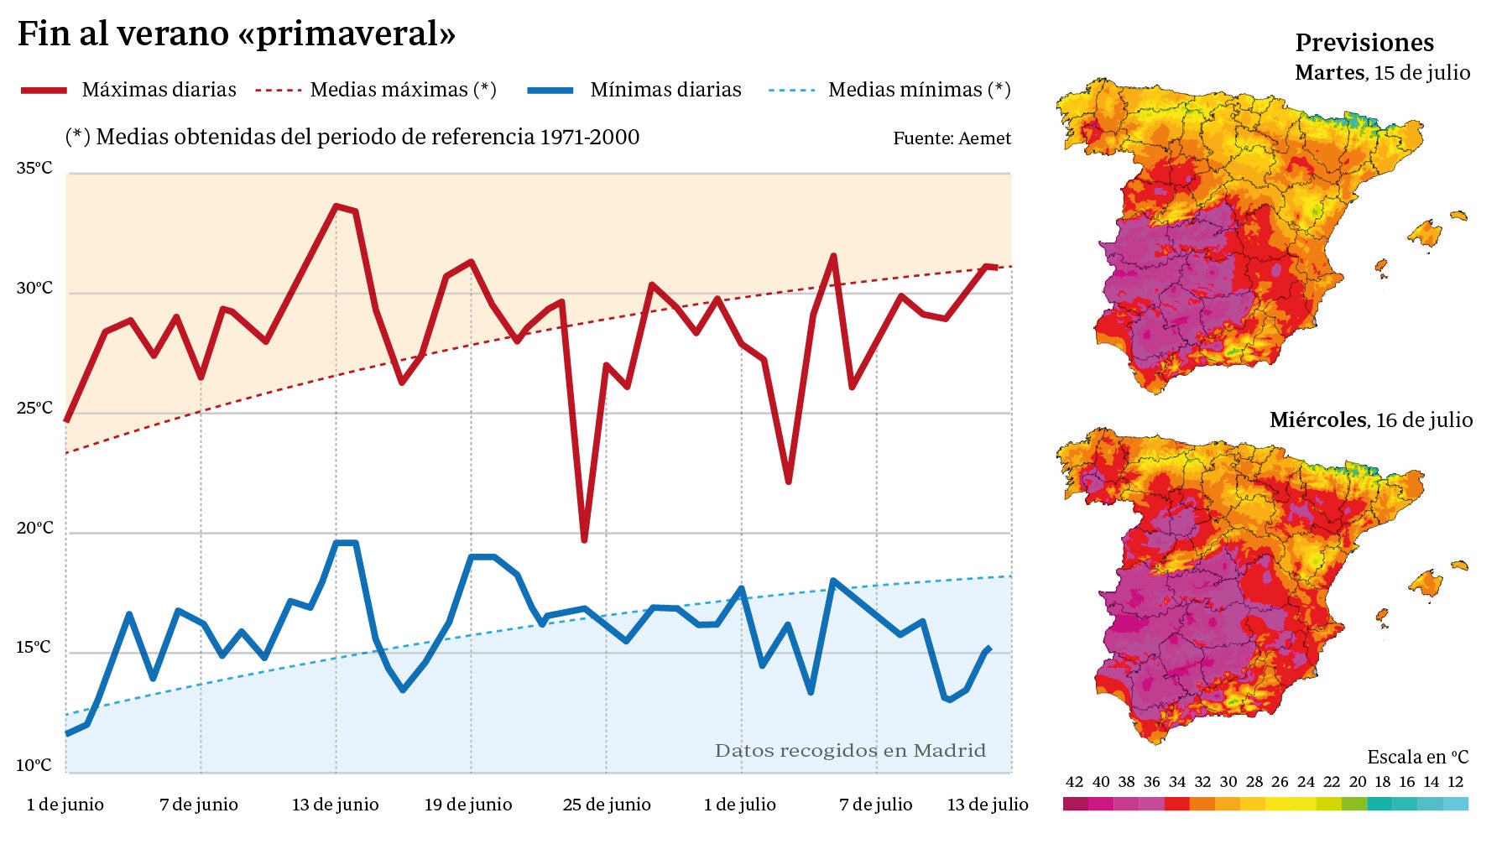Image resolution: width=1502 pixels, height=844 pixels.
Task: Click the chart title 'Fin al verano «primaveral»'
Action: (x=236, y=34)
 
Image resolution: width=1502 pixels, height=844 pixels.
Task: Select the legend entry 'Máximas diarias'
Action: (x=159, y=90)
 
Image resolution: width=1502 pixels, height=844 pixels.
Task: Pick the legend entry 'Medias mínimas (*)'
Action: (x=919, y=90)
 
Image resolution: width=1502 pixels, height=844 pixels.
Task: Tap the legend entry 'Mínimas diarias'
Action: (x=665, y=90)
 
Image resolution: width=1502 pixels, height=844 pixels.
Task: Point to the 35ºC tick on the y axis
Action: (x=34, y=169)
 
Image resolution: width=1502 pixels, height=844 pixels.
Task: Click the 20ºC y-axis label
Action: (x=34, y=529)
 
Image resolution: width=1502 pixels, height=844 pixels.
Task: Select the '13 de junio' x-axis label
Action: (x=335, y=805)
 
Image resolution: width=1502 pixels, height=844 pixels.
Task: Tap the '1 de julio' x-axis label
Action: (x=739, y=805)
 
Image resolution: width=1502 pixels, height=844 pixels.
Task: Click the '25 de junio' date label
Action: (x=607, y=805)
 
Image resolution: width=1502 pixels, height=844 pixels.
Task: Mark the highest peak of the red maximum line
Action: (x=336, y=206)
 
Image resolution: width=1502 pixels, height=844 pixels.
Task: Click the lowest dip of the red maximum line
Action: (x=584, y=540)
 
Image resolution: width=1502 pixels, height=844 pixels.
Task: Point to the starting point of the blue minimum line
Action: (x=67, y=734)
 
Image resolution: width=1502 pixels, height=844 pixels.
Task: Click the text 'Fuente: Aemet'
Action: (x=952, y=138)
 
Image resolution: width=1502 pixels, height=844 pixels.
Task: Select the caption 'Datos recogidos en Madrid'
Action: (x=850, y=751)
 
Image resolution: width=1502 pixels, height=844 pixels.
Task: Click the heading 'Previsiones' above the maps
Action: (x=1364, y=43)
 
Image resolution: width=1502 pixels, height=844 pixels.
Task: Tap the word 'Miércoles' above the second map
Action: (x=1317, y=420)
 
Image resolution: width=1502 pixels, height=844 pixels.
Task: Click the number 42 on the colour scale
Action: (x=1074, y=782)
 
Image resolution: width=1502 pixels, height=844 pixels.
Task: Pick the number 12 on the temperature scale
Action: (x=1456, y=782)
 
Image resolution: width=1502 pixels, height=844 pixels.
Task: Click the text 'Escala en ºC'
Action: (x=1417, y=758)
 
